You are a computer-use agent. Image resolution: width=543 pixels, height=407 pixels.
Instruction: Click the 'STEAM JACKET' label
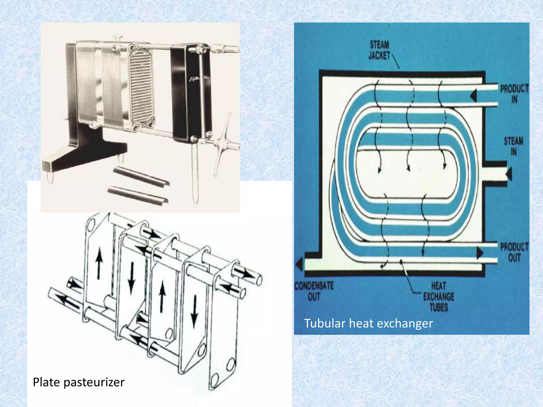(x=379, y=50)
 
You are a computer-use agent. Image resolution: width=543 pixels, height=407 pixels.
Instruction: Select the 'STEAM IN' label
(x=514, y=146)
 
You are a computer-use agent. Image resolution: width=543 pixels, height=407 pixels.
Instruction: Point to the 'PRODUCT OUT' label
(x=514, y=252)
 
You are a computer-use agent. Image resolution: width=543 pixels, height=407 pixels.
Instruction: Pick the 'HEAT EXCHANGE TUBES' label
(x=439, y=297)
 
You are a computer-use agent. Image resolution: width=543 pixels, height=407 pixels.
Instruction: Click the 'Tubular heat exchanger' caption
(x=368, y=324)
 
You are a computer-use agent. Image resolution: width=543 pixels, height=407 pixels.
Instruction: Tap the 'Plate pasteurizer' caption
(x=78, y=382)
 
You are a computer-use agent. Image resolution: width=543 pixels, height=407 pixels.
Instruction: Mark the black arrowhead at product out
(x=480, y=253)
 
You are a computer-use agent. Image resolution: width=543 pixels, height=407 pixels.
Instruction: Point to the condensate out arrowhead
(x=299, y=264)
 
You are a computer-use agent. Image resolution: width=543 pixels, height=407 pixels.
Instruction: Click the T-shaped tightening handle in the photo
(x=223, y=143)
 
